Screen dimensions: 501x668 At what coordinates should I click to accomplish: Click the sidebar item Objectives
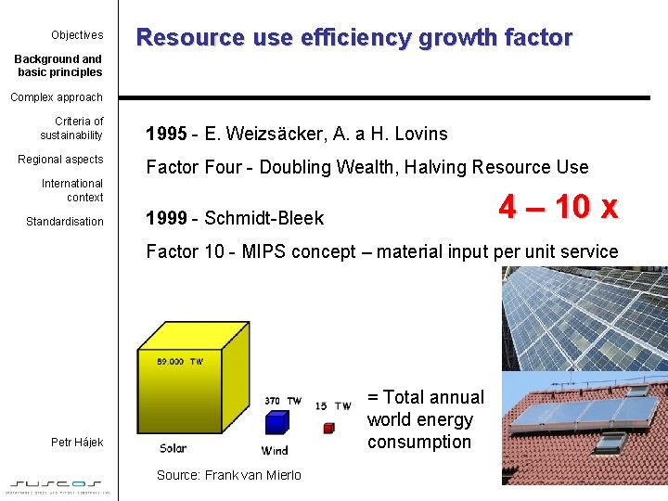tap(77, 35)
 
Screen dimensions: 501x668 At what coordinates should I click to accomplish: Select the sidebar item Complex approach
tap(57, 97)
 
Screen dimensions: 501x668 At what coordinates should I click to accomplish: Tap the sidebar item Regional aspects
tap(60, 160)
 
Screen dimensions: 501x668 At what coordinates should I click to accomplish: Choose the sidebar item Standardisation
tap(65, 222)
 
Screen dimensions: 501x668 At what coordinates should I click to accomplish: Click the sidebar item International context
tap(72, 190)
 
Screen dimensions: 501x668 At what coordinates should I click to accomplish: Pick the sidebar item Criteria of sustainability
tap(71, 128)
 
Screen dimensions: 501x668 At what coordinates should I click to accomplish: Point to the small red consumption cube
tap(328, 428)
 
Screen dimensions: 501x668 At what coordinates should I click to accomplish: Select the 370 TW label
tap(283, 401)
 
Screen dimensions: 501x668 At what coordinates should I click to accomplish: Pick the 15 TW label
tap(333, 405)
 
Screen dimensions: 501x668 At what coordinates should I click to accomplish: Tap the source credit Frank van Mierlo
tap(253, 475)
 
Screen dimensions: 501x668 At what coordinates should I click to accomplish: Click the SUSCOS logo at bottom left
tap(58, 483)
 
